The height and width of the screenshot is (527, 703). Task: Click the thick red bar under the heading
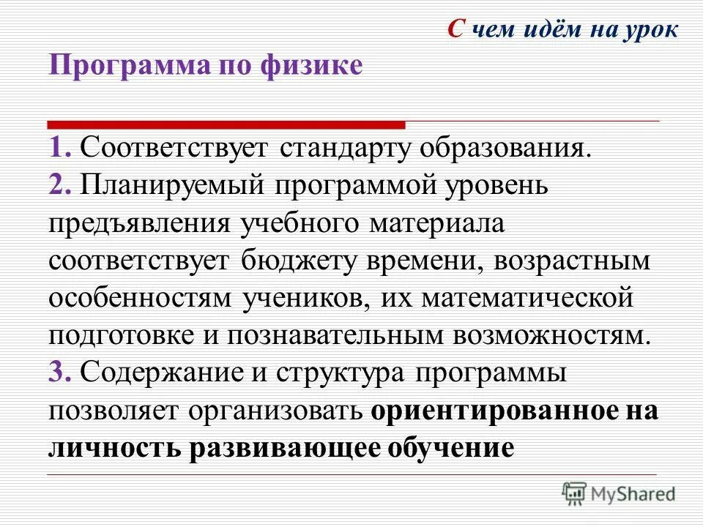click(226, 124)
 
